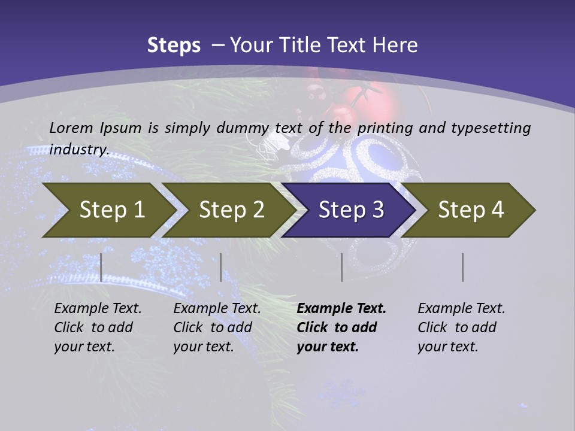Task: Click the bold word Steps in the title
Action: tap(174, 45)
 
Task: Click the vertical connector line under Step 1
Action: tap(101, 267)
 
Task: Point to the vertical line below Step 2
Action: tap(221, 267)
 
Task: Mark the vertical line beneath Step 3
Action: tap(342, 267)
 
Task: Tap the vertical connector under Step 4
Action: tap(463, 267)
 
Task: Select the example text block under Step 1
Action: tap(98, 327)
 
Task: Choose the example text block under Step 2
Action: tap(217, 327)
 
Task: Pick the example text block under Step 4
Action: tap(461, 327)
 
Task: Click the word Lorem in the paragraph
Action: tap(71, 128)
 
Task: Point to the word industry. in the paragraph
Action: tap(78, 149)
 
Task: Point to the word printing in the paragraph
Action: tap(385, 128)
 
